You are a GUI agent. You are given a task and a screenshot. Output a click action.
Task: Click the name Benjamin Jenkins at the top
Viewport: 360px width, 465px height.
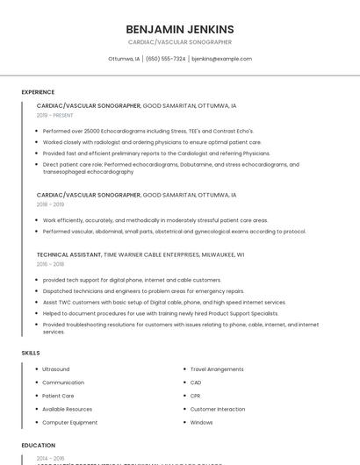click(x=179, y=29)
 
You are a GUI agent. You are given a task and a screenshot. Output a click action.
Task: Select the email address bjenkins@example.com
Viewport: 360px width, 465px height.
click(x=221, y=59)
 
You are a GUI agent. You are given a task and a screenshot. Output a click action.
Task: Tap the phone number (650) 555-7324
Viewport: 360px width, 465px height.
click(x=166, y=59)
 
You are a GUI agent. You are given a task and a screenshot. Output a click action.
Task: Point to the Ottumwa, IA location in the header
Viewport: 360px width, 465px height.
click(x=124, y=59)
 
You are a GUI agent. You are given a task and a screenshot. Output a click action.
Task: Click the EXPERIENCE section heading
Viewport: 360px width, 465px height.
click(x=38, y=91)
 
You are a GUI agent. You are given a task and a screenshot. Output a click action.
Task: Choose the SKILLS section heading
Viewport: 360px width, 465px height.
click(x=31, y=352)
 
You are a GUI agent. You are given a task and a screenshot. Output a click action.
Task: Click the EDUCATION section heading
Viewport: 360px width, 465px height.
click(x=39, y=445)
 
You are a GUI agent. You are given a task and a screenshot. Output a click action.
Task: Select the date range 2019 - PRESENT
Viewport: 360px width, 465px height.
click(x=54, y=115)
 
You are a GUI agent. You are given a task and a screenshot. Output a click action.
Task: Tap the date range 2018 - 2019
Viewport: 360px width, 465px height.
click(x=50, y=204)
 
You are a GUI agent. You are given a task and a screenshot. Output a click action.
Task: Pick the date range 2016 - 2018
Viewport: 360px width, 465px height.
click(x=50, y=263)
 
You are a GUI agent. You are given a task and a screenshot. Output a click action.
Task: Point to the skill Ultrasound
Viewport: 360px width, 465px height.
click(x=55, y=369)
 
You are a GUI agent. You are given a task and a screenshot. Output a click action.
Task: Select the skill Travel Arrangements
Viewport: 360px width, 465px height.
click(x=217, y=369)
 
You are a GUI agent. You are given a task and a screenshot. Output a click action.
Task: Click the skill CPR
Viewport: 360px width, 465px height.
click(x=196, y=396)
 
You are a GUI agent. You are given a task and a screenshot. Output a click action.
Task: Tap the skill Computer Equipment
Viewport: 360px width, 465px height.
click(x=69, y=422)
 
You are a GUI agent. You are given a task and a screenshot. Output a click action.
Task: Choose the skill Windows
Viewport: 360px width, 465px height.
click(x=201, y=422)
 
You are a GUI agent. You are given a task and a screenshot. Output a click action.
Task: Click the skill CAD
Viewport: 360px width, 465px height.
click(x=196, y=383)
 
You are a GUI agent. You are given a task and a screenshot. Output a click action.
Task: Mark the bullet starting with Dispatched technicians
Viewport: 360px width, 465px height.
click(x=143, y=290)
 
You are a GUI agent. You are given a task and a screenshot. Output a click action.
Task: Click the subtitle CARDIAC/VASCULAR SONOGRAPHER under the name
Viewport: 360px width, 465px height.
click(x=179, y=42)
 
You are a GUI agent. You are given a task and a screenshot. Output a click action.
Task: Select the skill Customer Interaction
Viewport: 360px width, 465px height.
click(x=218, y=409)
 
